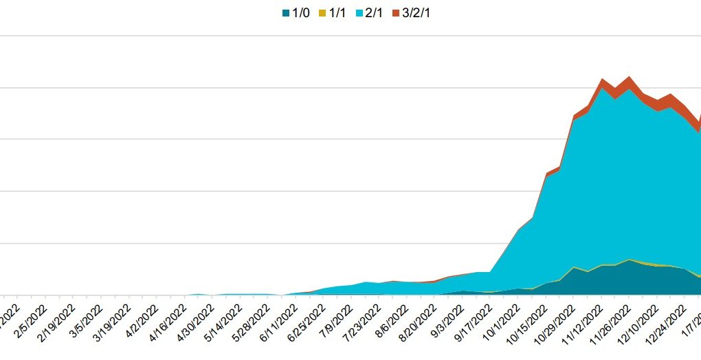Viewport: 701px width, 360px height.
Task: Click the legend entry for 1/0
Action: [x=296, y=12]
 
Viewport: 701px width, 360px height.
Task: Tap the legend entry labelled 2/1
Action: [x=369, y=12]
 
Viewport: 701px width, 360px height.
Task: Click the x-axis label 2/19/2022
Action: [x=57, y=323]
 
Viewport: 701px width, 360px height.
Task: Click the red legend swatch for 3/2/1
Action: [x=396, y=12]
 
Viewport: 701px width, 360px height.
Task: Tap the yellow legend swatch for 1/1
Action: [x=322, y=12]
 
